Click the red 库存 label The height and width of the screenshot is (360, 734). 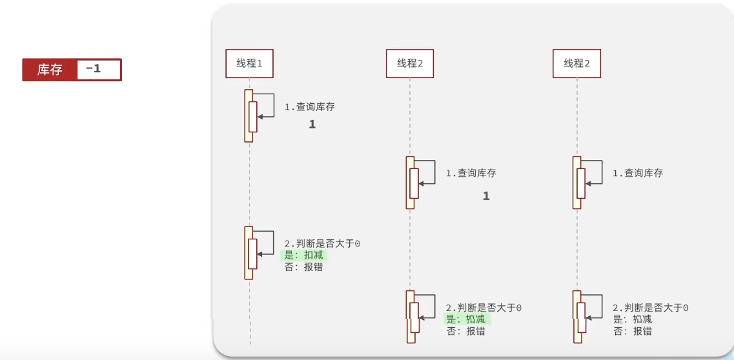pyautogui.click(x=50, y=70)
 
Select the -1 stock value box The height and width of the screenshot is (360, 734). pyautogui.click(x=97, y=69)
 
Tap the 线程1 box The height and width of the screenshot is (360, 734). pyautogui.click(x=249, y=63)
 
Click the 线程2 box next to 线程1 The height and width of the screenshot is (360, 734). pyautogui.click(x=409, y=63)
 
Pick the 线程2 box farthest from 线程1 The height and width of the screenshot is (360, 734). pyautogui.click(x=576, y=63)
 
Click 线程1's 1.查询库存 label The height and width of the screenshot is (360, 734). pyautogui.click(x=310, y=107)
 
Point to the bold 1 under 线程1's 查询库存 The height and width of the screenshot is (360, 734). pyautogui.click(x=312, y=125)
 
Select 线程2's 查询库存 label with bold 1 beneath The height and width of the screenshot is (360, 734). pyautogui.click(x=471, y=174)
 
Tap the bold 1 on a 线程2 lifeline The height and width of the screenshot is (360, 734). pyautogui.click(x=486, y=196)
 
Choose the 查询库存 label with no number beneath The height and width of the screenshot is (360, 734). pyautogui.click(x=638, y=174)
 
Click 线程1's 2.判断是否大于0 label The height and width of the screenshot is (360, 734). pyautogui.click(x=322, y=244)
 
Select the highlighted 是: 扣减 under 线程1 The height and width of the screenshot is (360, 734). pyautogui.click(x=304, y=255)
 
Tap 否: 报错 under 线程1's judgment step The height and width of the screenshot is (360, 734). pyautogui.click(x=304, y=267)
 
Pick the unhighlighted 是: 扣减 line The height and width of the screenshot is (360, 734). pyautogui.click(x=633, y=319)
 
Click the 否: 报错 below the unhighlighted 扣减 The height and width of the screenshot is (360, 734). pyautogui.click(x=633, y=331)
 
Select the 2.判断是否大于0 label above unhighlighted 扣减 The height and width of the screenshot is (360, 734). pyautogui.click(x=651, y=308)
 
